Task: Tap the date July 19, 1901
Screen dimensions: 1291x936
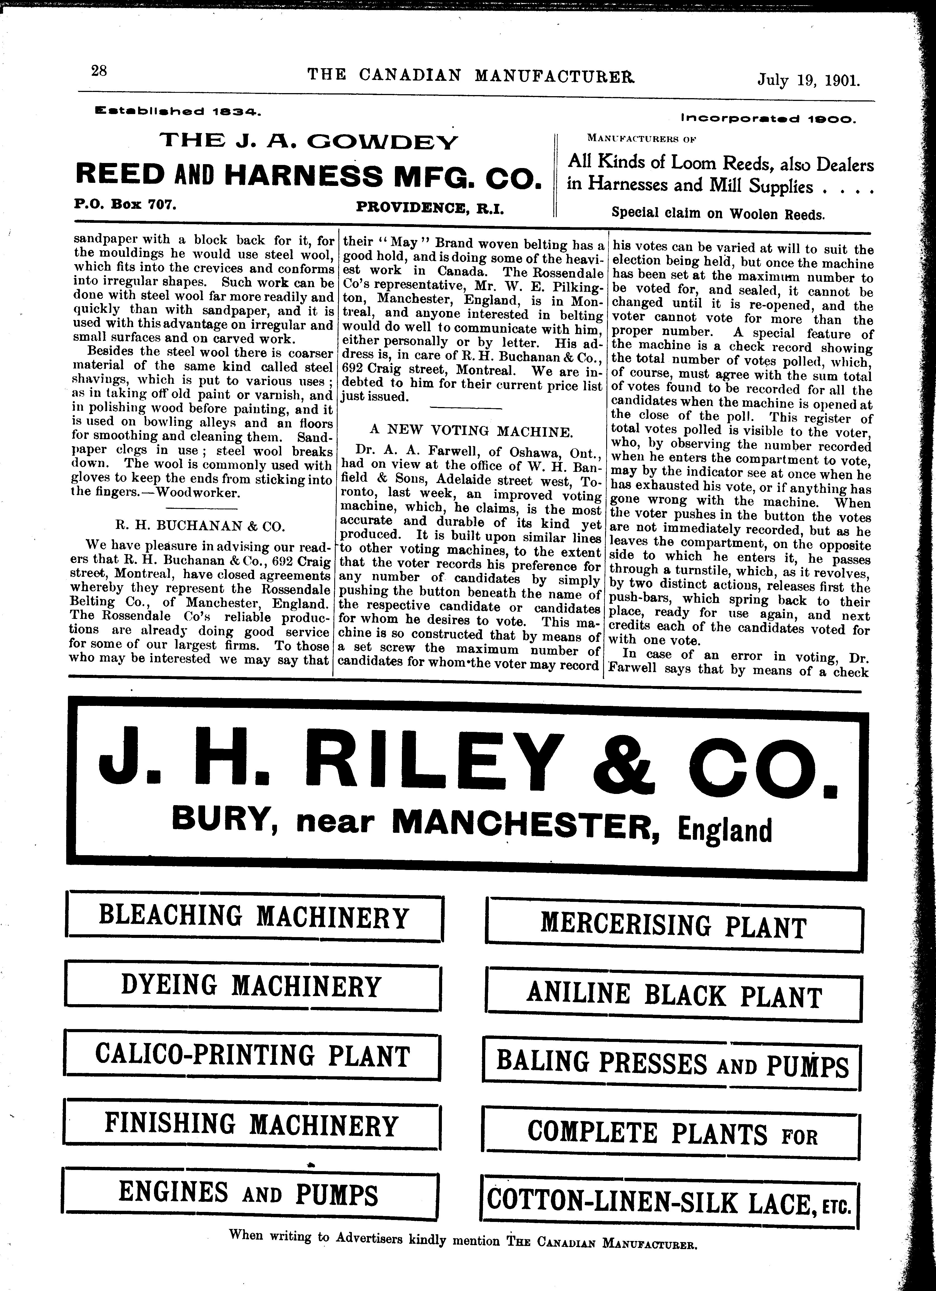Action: pos(808,80)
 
